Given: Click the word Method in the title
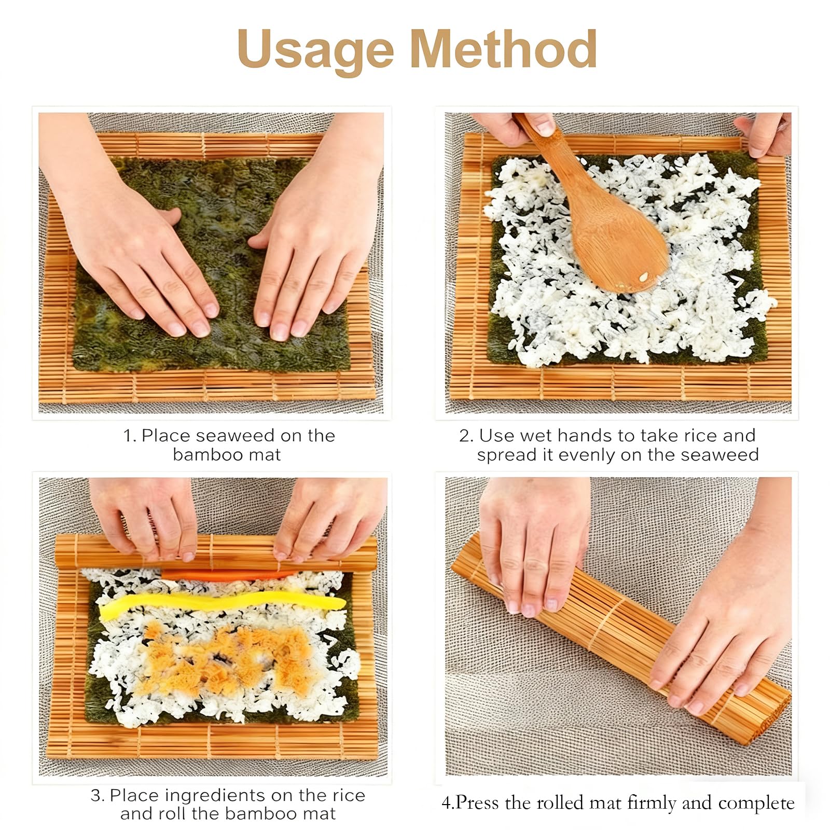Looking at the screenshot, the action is click(x=503, y=49).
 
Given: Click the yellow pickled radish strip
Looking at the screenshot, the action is click(x=222, y=605).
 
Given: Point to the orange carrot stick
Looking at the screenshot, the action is click(x=228, y=575).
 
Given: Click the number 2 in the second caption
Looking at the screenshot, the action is click(x=464, y=436).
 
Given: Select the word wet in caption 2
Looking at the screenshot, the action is click(x=538, y=436).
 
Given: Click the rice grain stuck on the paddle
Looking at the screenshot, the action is click(x=644, y=276).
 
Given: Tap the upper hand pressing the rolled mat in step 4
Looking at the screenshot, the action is click(x=534, y=545).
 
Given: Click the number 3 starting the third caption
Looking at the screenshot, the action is click(x=95, y=795).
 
